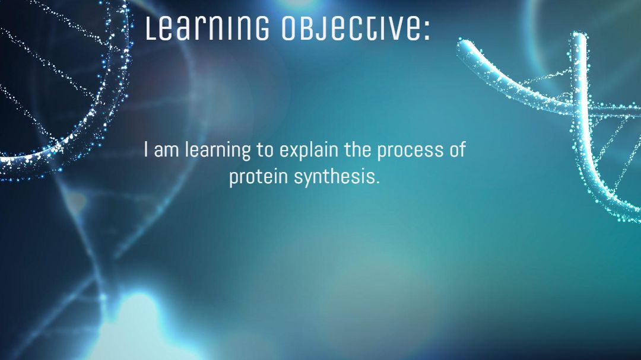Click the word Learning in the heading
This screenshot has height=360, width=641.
pos(207,28)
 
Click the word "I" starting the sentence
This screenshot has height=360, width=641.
pos(146,149)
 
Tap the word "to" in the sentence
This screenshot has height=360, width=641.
pos(265,151)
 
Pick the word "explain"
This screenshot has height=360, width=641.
pos(309,151)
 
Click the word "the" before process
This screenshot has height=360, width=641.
pos(357,149)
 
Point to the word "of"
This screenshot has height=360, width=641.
pos(458,149)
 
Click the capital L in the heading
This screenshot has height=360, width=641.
pos(151,29)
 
